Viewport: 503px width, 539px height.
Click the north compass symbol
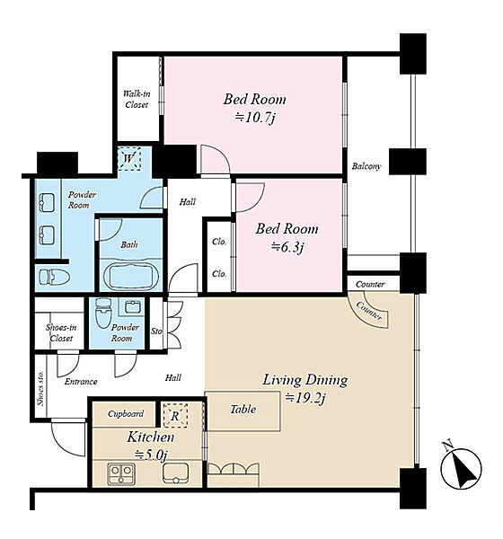[461, 467]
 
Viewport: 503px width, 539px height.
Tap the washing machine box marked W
[129, 159]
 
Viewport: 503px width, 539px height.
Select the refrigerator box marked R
[175, 416]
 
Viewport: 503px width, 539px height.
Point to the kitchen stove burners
[121, 474]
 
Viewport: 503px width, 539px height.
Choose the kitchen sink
[176, 473]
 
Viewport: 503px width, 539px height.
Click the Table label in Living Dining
[243, 409]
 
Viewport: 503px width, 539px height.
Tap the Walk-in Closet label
[137, 99]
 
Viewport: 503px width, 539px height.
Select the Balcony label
[366, 166]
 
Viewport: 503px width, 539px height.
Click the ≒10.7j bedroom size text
[255, 118]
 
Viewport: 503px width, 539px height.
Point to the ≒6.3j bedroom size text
[287, 246]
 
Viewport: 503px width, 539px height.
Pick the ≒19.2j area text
[305, 397]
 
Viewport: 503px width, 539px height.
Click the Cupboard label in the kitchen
[126, 413]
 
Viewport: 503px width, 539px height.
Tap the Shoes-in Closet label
[61, 332]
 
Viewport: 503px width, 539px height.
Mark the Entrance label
[81, 382]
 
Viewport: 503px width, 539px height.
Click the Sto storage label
[156, 331]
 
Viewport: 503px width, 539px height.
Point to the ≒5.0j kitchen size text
[151, 455]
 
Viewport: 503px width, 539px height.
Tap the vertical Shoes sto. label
[40, 388]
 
